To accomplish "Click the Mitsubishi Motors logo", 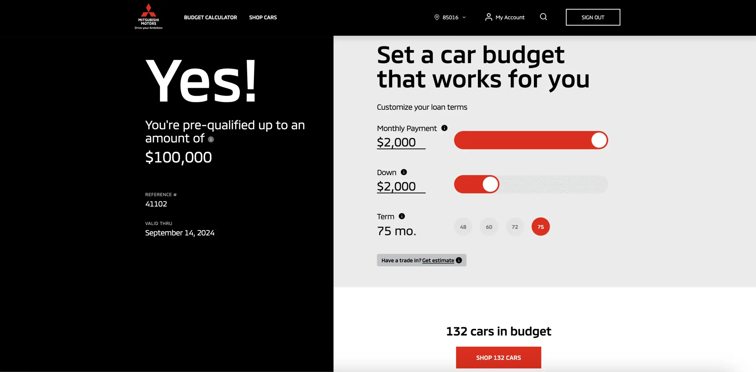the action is (x=149, y=16).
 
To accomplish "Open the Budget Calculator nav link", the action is (x=210, y=17).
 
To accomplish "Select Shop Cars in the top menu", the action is (x=263, y=17).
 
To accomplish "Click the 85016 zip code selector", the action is (x=450, y=17).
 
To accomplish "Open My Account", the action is (x=505, y=17).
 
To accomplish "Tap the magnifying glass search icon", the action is (x=543, y=17).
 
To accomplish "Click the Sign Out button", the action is (x=593, y=17).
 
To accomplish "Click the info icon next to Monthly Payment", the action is (x=444, y=128).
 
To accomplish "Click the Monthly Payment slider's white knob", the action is (x=599, y=140).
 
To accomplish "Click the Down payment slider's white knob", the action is (x=490, y=184).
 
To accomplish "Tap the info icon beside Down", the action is (x=404, y=172).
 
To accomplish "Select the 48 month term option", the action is (x=463, y=227).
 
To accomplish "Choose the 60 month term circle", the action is (x=489, y=227).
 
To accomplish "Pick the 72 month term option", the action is (x=515, y=227).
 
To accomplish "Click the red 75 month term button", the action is (x=540, y=227).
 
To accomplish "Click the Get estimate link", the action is (x=438, y=260).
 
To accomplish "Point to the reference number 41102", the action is (x=156, y=204).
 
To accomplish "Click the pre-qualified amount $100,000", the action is (x=178, y=157).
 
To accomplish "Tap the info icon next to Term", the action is (x=402, y=216).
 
